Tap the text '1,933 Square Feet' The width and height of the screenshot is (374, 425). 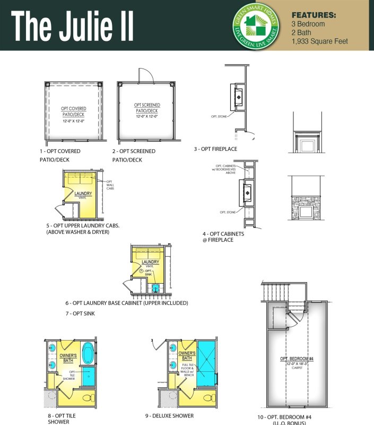click(x=319, y=41)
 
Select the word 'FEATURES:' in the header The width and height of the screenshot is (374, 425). click(x=314, y=15)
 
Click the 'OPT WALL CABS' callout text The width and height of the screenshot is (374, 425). click(x=110, y=185)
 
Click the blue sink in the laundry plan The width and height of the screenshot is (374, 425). click(x=155, y=288)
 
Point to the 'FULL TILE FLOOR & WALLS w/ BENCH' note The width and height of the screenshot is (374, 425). click(x=188, y=372)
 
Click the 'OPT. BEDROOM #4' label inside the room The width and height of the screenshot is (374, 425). click(x=297, y=360)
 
